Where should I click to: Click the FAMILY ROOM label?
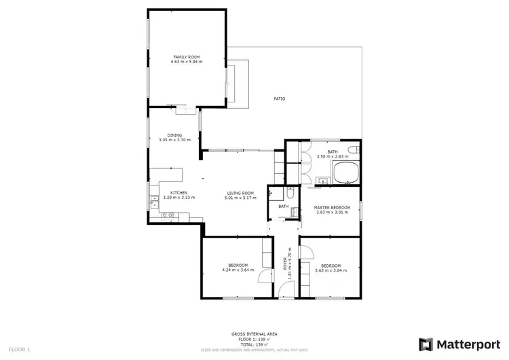coord(187,57)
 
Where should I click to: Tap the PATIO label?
coord(279,99)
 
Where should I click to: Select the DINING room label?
coord(174,135)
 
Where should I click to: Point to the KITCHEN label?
coord(178,193)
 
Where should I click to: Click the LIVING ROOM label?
coord(240,193)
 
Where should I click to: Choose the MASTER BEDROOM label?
coord(333,207)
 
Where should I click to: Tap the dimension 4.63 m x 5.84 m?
coord(187,62)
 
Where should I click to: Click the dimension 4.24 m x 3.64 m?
coord(238,270)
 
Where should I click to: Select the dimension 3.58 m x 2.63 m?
coord(332,157)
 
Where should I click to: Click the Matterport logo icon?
coord(426,344)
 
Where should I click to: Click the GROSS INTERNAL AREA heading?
coord(254,334)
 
